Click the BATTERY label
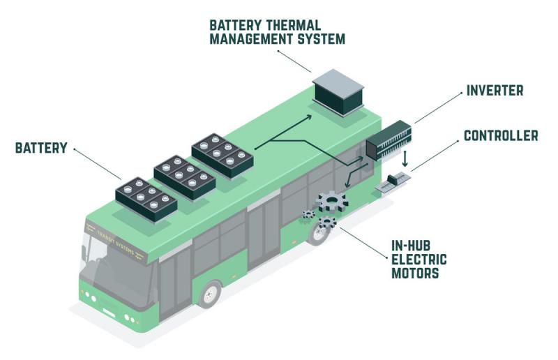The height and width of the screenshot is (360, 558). [41, 148]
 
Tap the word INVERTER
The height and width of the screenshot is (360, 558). [495, 91]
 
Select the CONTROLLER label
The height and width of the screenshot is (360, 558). [501, 135]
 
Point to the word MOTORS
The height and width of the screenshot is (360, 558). [415, 273]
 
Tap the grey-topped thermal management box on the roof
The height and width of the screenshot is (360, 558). [338, 92]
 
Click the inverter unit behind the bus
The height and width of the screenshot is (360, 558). [389, 140]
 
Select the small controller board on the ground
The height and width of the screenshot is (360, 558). [393, 182]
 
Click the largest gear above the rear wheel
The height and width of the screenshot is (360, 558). [332, 202]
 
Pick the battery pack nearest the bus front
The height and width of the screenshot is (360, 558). [146, 199]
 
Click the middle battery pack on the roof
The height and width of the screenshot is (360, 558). [185, 177]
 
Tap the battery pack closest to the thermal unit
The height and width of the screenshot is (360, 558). [223, 156]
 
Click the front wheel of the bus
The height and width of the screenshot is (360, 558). [210, 294]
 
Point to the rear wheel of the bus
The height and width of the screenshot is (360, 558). [318, 234]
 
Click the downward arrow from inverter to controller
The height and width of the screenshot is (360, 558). [405, 159]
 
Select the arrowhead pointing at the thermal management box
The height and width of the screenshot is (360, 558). [308, 117]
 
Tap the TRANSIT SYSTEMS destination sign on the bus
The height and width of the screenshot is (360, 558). [116, 242]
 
